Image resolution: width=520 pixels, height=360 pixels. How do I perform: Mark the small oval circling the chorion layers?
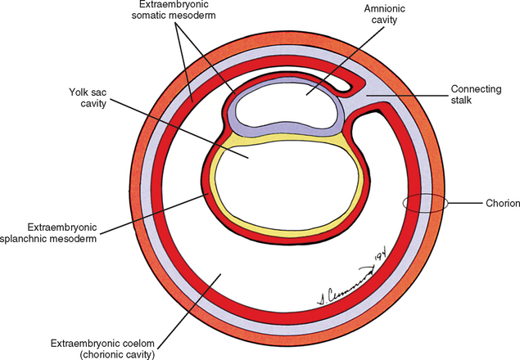click(x=424, y=203)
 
